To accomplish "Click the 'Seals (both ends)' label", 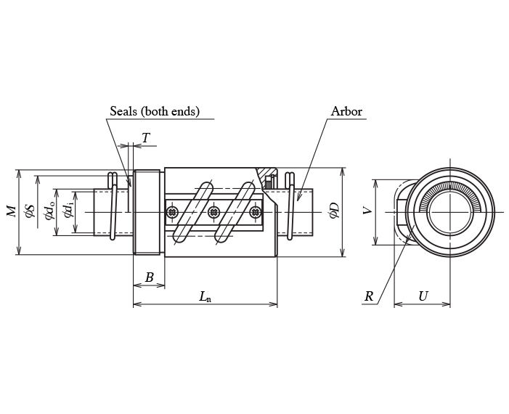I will (x=155, y=112).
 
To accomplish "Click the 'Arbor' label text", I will (x=346, y=112).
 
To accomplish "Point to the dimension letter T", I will (x=146, y=137).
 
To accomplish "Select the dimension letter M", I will (x=11, y=211).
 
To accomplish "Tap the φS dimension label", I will (x=30, y=211).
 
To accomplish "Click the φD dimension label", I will (x=333, y=211).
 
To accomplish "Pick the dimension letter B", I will (x=149, y=277).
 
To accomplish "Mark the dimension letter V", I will (x=367, y=211).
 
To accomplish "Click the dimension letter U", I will (x=423, y=296).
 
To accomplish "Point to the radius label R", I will (x=369, y=296).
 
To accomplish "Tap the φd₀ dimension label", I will (x=49, y=211).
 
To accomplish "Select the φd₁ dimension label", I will (x=68, y=211).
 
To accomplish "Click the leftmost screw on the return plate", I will (x=172, y=212).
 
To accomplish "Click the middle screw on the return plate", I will (x=213, y=212).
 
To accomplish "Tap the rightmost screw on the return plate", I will (x=255, y=212).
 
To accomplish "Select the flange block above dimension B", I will (x=147, y=211).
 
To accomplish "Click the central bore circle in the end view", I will (x=449, y=212).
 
